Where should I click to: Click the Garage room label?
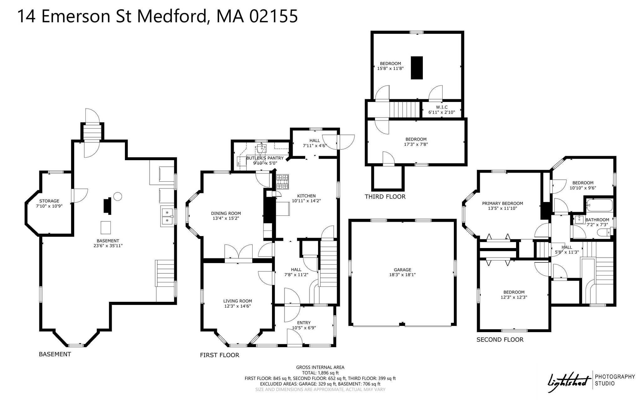tap(402, 270)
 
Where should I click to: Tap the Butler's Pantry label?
tap(265, 158)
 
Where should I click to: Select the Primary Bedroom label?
tap(502, 203)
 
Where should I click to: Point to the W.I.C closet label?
tap(442, 107)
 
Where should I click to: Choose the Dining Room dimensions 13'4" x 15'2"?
tap(226, 218)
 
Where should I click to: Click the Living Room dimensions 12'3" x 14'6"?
tap(238, 306)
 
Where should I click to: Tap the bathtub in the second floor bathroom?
tap(599, 205)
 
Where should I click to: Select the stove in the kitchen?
tap(283, 182)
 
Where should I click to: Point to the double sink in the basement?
tap(167, 216)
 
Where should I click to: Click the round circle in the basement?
tap(117, 196)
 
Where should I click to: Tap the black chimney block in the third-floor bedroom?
tap(417, 68)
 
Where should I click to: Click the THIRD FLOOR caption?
tap(385, 196)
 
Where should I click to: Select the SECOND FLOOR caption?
tap(500, 339)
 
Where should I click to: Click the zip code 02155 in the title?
tap(273, 16)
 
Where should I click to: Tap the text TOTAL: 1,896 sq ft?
tap(320, 373)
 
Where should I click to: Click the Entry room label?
tap(304, 323)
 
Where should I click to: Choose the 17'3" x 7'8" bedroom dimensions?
tap(416, 144)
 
